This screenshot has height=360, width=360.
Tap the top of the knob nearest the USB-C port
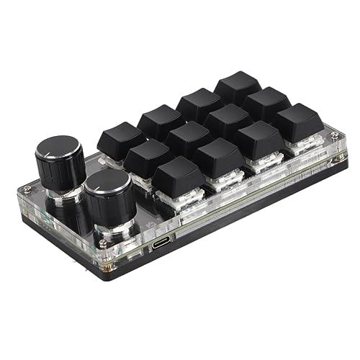tap(108, 185)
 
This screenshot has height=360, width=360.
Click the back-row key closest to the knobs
tap(121, 137)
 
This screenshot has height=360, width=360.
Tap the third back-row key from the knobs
tap(199, 102)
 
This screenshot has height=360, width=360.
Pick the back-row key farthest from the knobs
tap(237, 86)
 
